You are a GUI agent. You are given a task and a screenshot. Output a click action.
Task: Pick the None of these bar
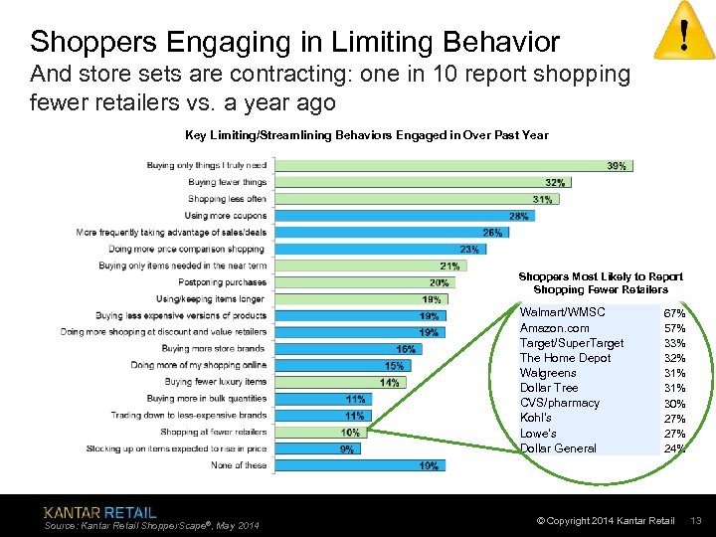359,465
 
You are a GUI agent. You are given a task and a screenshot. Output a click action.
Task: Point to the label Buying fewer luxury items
216,382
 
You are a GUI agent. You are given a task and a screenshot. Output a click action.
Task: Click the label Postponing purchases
224,282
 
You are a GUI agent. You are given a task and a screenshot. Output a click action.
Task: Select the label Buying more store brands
214,349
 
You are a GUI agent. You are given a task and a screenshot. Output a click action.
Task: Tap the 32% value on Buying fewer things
556,183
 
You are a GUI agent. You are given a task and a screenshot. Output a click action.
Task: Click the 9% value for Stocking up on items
346,449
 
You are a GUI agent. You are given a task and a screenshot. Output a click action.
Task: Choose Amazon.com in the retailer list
554,328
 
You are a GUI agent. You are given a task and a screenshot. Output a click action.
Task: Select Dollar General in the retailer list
558,448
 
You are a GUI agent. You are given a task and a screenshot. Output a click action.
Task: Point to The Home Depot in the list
565,358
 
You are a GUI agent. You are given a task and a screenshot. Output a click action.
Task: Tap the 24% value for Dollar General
674,448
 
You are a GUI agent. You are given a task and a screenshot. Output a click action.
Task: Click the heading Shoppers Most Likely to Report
601,276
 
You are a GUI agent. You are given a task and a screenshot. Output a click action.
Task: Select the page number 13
696,521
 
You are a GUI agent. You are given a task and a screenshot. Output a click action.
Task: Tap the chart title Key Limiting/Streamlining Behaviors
366,135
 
